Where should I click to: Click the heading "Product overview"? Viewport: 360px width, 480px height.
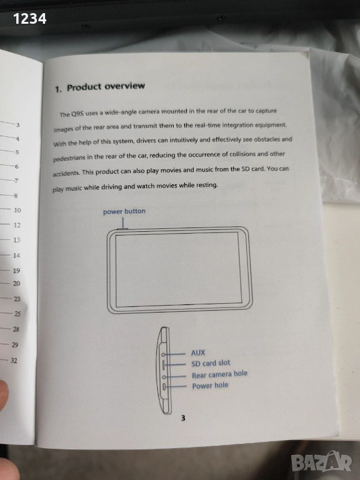(106, 87)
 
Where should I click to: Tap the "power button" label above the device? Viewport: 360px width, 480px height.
(124, 211)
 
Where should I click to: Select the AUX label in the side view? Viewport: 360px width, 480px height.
(198, 352)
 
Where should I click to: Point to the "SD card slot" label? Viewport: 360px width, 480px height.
(211, 363)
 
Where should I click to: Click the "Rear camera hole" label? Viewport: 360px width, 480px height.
(219, 374)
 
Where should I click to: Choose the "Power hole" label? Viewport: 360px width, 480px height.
(210, 386)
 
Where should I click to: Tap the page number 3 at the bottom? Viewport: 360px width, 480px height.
(183, 418)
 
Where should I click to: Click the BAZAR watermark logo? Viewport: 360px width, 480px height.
(321, 462)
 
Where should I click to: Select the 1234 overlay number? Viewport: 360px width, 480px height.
(30, 19)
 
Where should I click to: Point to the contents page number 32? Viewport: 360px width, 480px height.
(14, 360)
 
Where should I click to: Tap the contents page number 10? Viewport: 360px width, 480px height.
(17, 210)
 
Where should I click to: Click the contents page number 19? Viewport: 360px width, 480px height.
(16, 271)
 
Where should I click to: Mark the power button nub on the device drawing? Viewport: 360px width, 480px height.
(122, 228)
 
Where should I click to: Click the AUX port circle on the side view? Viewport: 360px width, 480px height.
(164, 354)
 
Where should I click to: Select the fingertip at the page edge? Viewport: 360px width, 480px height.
(3, 395)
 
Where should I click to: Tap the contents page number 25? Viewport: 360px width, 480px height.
(17, 314)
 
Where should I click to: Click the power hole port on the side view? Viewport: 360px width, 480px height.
(164, 387)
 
